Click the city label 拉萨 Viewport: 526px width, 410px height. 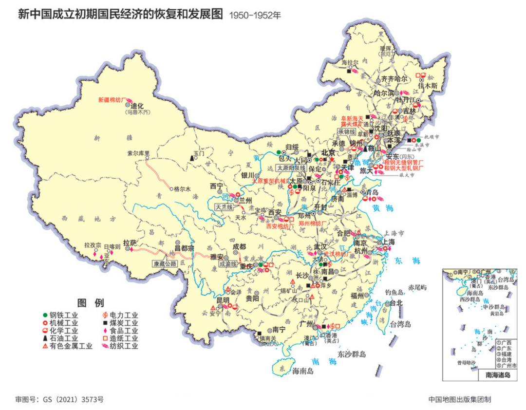[130, 242]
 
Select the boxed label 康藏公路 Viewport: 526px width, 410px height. [164, 263]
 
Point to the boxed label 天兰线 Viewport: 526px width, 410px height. [225, 207]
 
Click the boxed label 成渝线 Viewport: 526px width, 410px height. [228, 264]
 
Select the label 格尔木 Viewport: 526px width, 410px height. [181, 188]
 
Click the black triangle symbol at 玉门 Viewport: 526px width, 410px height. [191, 158]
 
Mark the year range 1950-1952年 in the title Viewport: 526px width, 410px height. [255, 15]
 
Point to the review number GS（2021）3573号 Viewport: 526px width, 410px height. [59, 399]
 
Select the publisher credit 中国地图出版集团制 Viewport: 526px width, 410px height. [460, 399]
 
